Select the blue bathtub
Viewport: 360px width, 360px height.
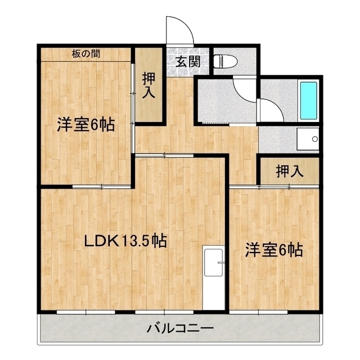[x=309, y=100]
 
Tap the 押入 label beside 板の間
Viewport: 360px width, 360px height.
[x=148, y=86]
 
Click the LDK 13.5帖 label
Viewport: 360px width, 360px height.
[x=124, y=241]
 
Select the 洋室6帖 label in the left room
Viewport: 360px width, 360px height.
[x=85, y=125]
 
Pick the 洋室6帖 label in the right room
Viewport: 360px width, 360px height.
[x=274, y=250]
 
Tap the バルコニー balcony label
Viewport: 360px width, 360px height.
[x=180, y=328]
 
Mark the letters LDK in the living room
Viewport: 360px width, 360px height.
[x=100, y=241]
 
